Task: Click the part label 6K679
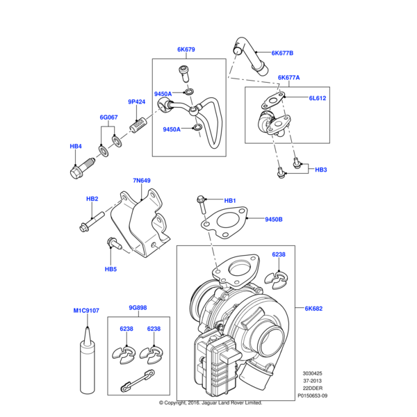[x=186, y=49]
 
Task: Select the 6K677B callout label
[x=282, y=54]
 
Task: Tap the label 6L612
[x=318, y=98]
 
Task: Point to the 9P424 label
[x=137, y=102]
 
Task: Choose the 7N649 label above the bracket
[x=142, y=181]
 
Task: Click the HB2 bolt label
[x=92, y=199]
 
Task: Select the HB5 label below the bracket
[x=111, y=269]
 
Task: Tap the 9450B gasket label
[x=274, y=220]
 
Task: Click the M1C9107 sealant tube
[x=88, y=361]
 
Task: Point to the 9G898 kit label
[x=138, y=308]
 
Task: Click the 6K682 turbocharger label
[x=313, y=309]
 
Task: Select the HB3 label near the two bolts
[x=320, y=170]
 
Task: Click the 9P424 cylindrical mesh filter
[x=138, y=124]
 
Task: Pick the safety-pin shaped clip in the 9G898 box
[x=138, y=381]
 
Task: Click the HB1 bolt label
[x=230, y=201]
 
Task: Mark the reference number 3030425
[x=312, y=373]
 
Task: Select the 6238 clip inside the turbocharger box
[x=276, y=280]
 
